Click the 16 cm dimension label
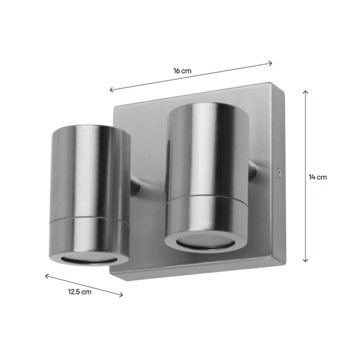click(x=182, y=71)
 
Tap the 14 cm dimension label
click(x=318, y=177)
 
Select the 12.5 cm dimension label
click(x=80, y=292)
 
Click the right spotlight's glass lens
click(x=206, y=242)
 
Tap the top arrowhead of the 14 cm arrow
click(x=306, y=92)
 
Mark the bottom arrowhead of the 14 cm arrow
click(x=306, y=260)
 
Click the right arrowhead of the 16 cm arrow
click(x=270, y=63)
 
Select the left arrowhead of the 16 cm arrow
click(x=112, y=90)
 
